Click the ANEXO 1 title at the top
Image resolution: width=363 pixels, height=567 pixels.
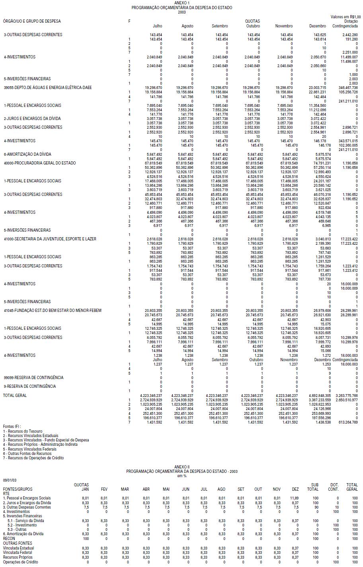point(182,3)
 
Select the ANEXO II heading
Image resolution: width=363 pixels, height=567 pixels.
point(182,466)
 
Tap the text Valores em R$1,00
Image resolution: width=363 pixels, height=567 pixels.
point(345,17)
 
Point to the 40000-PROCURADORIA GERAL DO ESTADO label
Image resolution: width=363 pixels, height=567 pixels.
point(39,163)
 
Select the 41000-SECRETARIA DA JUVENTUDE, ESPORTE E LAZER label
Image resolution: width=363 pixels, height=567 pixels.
point(50,239)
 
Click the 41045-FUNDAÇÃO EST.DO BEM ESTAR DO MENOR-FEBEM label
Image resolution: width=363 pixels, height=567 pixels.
point(52,310)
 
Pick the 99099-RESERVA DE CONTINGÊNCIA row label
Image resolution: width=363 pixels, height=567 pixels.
point(33,377)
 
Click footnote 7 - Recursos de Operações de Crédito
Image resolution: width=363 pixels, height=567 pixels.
point(33,458)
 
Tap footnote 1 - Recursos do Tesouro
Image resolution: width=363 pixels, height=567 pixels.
point(23,431)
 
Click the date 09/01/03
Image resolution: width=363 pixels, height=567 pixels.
point(10,480)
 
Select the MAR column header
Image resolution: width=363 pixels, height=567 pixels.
point(125,489)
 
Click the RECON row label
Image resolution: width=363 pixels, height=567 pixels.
point(9,538)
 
